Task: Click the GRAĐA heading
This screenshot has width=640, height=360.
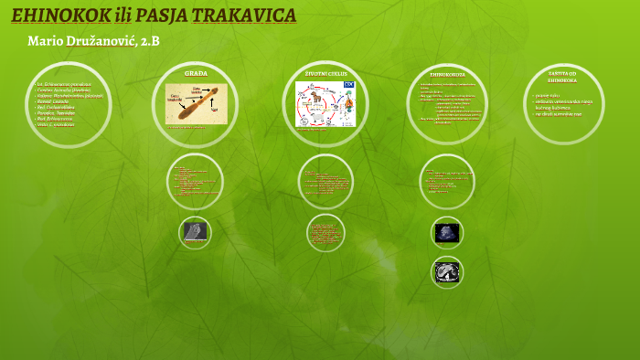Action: [x=196, y=72]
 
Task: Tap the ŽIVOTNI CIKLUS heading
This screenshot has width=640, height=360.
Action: [x=326, y=72]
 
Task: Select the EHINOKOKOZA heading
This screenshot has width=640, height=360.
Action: [x=447, y=74]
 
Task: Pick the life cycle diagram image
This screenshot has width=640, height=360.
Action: [x=326, y=103]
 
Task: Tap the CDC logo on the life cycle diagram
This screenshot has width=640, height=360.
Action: [x=348, y=85]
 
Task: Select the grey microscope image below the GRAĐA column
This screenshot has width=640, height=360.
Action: [x=195, y=231]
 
